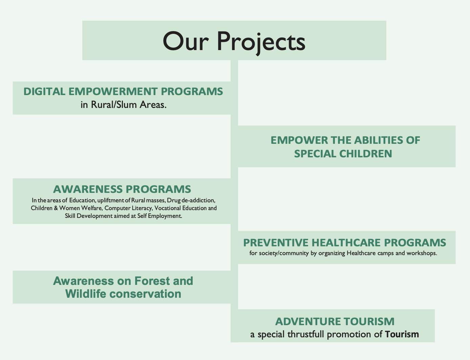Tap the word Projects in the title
(x=261, y=41)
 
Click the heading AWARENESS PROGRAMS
(x=122, y=189)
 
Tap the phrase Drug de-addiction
(x=191, y=200)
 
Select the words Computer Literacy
(x=128, y=208)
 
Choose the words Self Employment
(x=159, y=216)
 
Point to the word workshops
(x=422, y=253)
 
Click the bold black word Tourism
(x=402, y=335)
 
